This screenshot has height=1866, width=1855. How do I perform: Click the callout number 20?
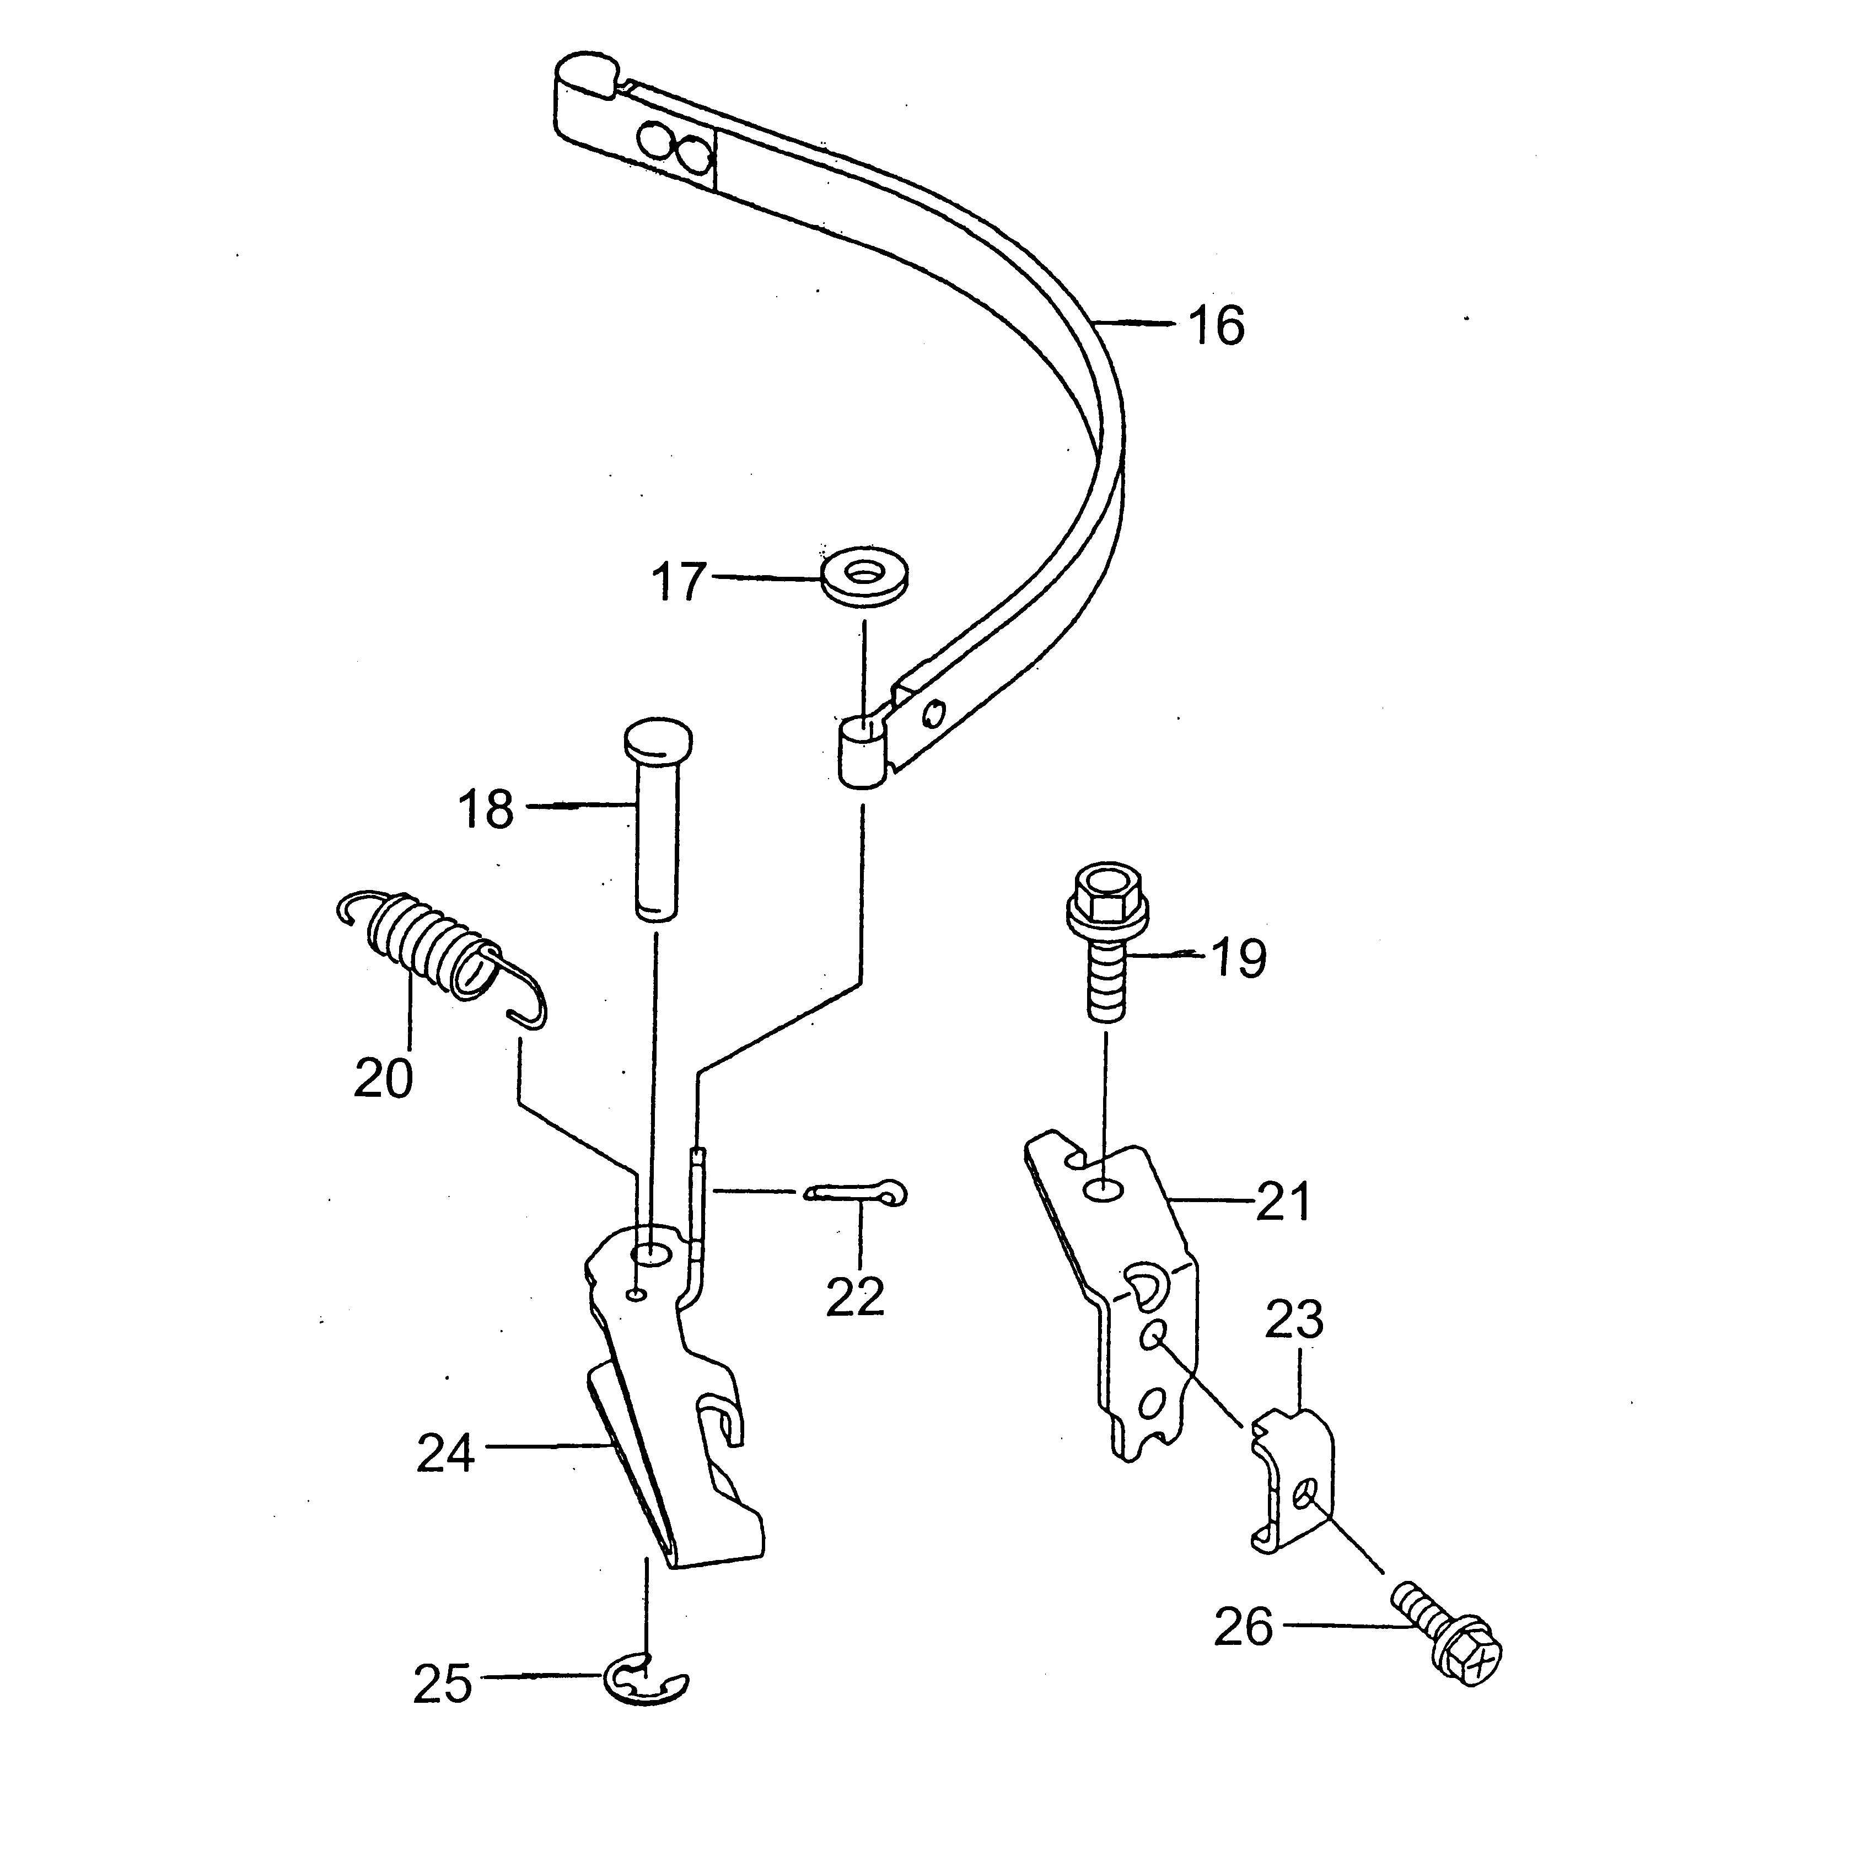pyautogui.click(x=383, y=1078)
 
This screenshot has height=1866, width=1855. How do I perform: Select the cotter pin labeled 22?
pyautogui.click(x=857, y=1194)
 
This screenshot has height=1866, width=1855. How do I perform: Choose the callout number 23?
pyautogui.click(x=1294, y=1320)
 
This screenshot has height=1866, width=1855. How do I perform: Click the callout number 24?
pyautogui.click(x=445, y=1452)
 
